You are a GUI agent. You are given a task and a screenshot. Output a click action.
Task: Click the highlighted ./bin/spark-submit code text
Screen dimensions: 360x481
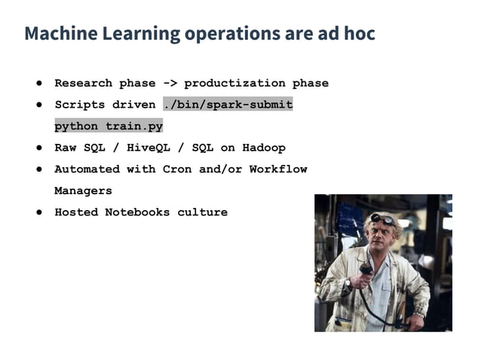coord(228,105)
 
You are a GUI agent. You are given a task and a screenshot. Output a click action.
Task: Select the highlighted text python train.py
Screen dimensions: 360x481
coord(109,126)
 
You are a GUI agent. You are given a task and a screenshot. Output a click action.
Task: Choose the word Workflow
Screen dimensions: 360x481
coord(278,169)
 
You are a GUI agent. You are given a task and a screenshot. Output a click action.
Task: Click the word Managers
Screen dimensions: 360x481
coord(83,191)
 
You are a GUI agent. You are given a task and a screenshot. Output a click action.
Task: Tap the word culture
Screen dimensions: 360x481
coord(202,212)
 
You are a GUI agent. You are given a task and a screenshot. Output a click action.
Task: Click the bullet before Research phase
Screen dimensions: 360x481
coord(37,83)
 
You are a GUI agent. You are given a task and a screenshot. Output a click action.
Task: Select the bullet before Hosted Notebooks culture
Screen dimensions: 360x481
coord(37,212)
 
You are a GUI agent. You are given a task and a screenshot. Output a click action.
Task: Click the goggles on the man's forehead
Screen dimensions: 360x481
coord(384,219)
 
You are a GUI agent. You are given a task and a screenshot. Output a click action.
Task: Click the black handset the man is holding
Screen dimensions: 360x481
coord(366,271)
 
